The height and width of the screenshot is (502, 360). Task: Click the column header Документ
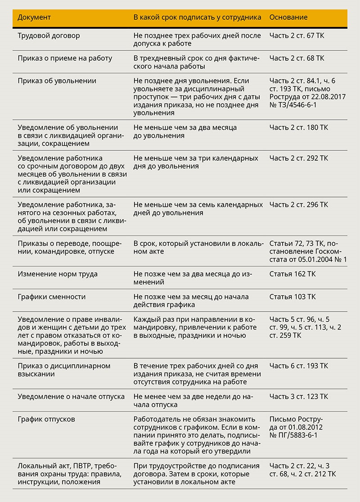34,17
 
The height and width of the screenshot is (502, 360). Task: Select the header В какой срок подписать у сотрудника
197,17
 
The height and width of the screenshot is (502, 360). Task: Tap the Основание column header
288,17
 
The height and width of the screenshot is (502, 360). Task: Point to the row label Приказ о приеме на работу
65,58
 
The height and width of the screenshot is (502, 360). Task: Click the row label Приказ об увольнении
57,81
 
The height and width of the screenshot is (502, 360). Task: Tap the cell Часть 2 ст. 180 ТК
299,127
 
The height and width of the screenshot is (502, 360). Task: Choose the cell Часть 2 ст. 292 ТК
299,158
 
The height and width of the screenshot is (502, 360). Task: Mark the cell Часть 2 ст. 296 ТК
299,204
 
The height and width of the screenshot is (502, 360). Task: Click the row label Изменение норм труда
58,274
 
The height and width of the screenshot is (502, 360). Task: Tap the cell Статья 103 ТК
292,297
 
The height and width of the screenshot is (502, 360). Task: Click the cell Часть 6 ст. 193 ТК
299,366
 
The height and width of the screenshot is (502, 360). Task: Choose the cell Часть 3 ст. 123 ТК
299,397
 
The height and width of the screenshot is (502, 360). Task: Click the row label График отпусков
46,419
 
